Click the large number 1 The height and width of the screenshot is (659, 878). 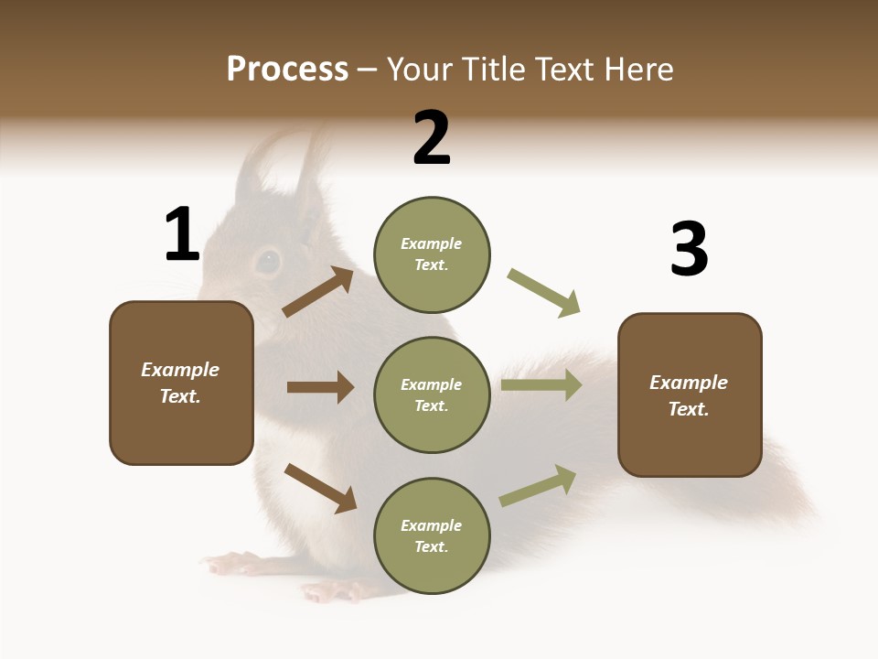[181, 234]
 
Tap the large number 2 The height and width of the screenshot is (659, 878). [432, 138]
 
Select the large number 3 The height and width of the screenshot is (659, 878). [689, 249]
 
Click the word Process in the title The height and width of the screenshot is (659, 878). [287, 69]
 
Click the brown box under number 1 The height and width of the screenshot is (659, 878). [181, 383]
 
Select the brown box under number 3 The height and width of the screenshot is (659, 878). [690, 394]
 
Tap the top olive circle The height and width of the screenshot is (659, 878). [432, 254]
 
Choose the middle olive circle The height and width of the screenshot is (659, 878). [432, 394]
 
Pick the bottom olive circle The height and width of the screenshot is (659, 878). [432, 535]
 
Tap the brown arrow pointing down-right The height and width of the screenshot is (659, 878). [320, 487]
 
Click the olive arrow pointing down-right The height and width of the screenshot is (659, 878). [544, 293]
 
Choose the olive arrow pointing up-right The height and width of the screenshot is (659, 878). [538, 485]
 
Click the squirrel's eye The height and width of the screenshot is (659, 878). [267, 262]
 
